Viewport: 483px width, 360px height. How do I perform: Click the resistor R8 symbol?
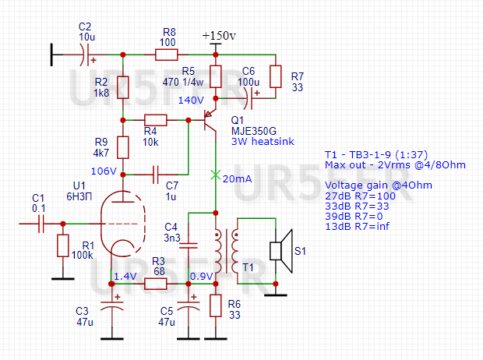(x=166, y=55)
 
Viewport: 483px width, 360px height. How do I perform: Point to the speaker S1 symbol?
(x=279, y=250)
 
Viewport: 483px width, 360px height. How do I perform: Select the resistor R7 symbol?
(x=275, y=76)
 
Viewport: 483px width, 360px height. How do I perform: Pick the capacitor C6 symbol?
(x=253, y=99)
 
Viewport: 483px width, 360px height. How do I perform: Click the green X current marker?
(x=215, y=175)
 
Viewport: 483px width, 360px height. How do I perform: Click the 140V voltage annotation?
(x=190, y=101)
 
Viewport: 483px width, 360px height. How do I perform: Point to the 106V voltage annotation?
(x=104, y=171)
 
